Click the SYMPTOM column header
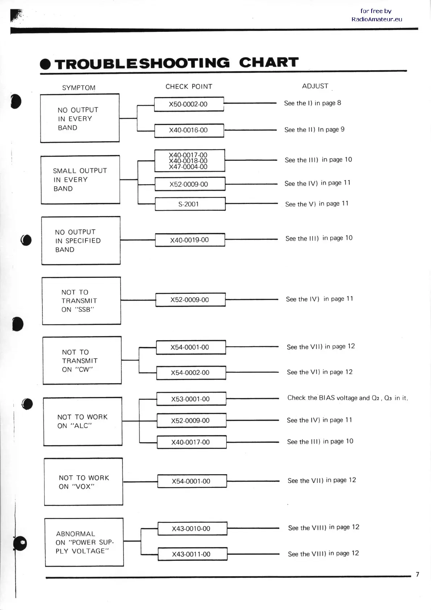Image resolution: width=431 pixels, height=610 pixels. pos(79,88)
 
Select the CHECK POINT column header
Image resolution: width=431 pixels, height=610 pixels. pos(189,87)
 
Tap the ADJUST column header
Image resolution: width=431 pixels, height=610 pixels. pos(315,86)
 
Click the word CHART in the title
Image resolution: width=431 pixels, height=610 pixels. pos(269,63)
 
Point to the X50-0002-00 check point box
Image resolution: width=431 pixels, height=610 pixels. pos(189,104)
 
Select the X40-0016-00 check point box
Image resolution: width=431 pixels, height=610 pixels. pos(189,130)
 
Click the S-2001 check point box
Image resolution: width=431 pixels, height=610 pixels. pos(190,204)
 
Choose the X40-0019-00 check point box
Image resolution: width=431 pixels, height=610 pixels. pos(190,240)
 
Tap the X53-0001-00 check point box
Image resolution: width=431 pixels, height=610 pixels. pos(191,399)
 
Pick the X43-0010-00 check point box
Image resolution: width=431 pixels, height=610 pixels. pos(192,528)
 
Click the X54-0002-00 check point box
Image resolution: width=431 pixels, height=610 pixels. pos(191,373)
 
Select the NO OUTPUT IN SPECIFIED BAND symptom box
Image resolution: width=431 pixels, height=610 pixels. pos(81,241)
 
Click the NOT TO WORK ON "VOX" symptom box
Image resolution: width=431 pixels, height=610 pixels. pos(83,482)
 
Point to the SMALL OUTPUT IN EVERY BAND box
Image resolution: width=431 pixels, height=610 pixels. pos(80,180)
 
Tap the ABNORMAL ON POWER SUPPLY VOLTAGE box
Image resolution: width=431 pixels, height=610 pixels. pos(84,542)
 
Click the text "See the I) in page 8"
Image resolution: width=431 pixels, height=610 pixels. pos(313,103)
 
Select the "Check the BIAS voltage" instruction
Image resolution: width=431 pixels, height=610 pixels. pos(347,398)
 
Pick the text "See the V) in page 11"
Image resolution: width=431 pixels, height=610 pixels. pos(317,204)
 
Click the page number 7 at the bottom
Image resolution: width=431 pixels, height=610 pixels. pos(417,575)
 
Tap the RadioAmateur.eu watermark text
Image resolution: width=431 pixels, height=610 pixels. pos(377,19)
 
